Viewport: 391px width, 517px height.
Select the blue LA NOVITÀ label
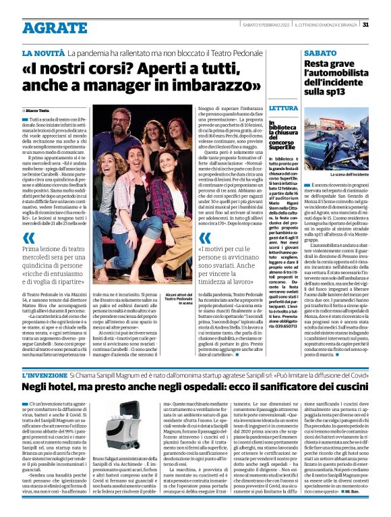43,53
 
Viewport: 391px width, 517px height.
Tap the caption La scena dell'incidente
350,174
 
